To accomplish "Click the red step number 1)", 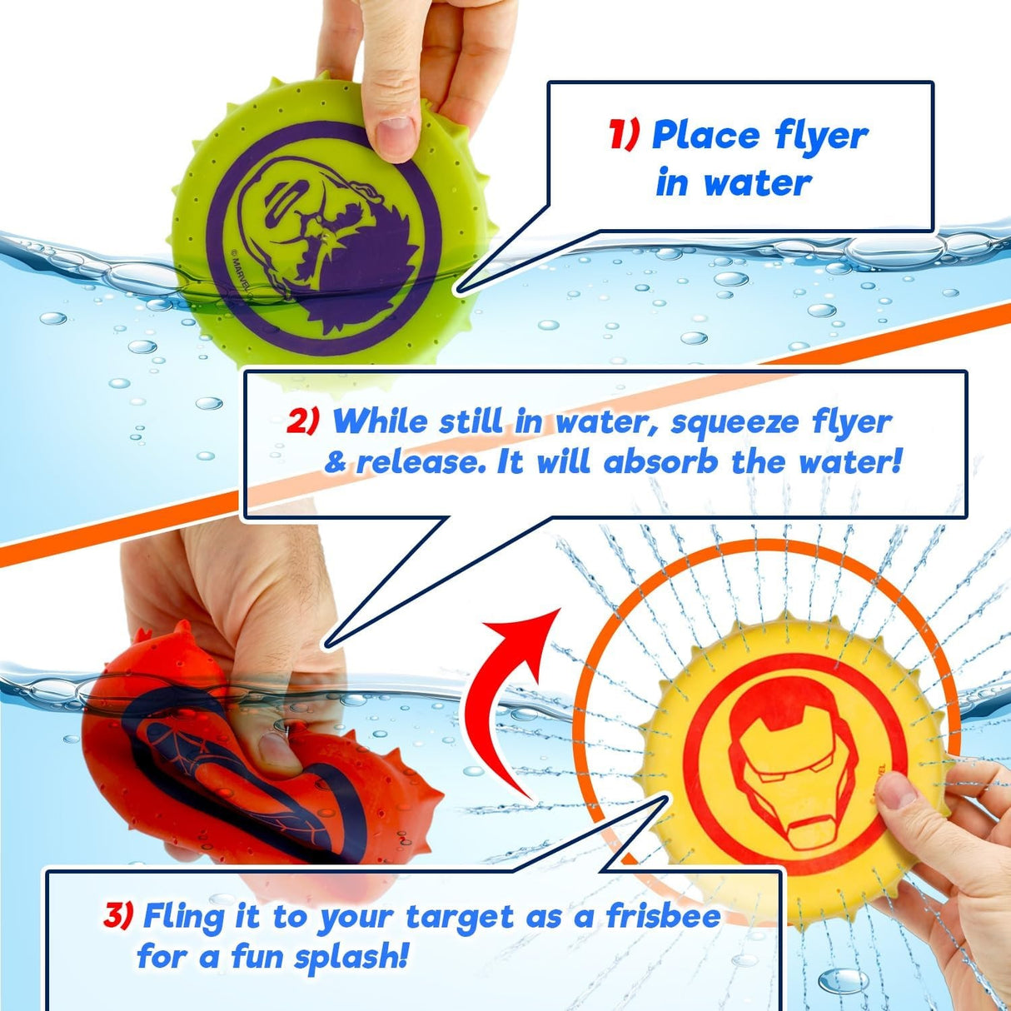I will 624,135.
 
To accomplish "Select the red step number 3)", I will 118,916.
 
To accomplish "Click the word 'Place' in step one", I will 706,135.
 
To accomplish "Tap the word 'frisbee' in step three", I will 663,916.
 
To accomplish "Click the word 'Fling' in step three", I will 183,916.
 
